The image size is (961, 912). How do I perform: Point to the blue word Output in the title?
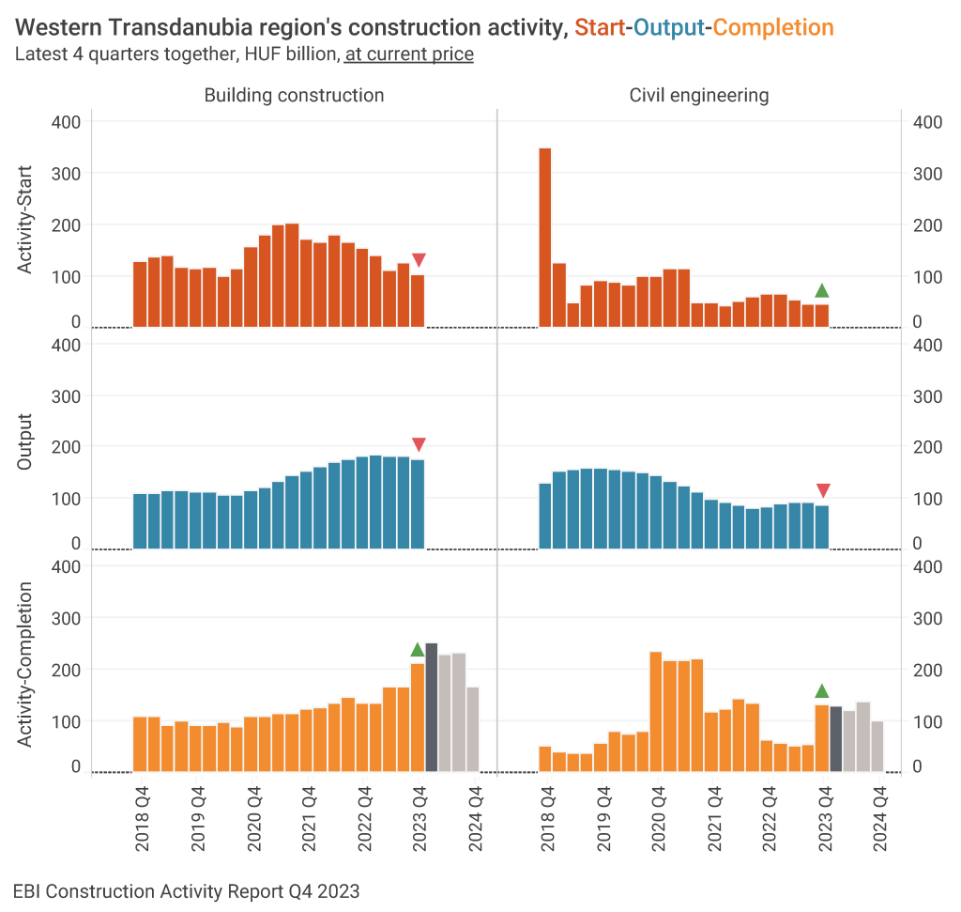[x=669, y=27]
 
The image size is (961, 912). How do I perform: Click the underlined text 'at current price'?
[x=409, y=54]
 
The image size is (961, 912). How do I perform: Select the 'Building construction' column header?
[x=294, y=95]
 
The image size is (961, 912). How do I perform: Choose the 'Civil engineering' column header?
[x=699, y=95]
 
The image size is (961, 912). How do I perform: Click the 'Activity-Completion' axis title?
[x=25, y=664]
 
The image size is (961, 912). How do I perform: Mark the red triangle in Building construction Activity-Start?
[x=419, y=260]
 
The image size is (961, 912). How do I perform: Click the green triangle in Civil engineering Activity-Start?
[x=822, y=290]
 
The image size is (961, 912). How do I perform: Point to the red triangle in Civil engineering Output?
[x=823, y=490]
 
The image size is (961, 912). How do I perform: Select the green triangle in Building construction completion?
[x=418, y=649]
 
